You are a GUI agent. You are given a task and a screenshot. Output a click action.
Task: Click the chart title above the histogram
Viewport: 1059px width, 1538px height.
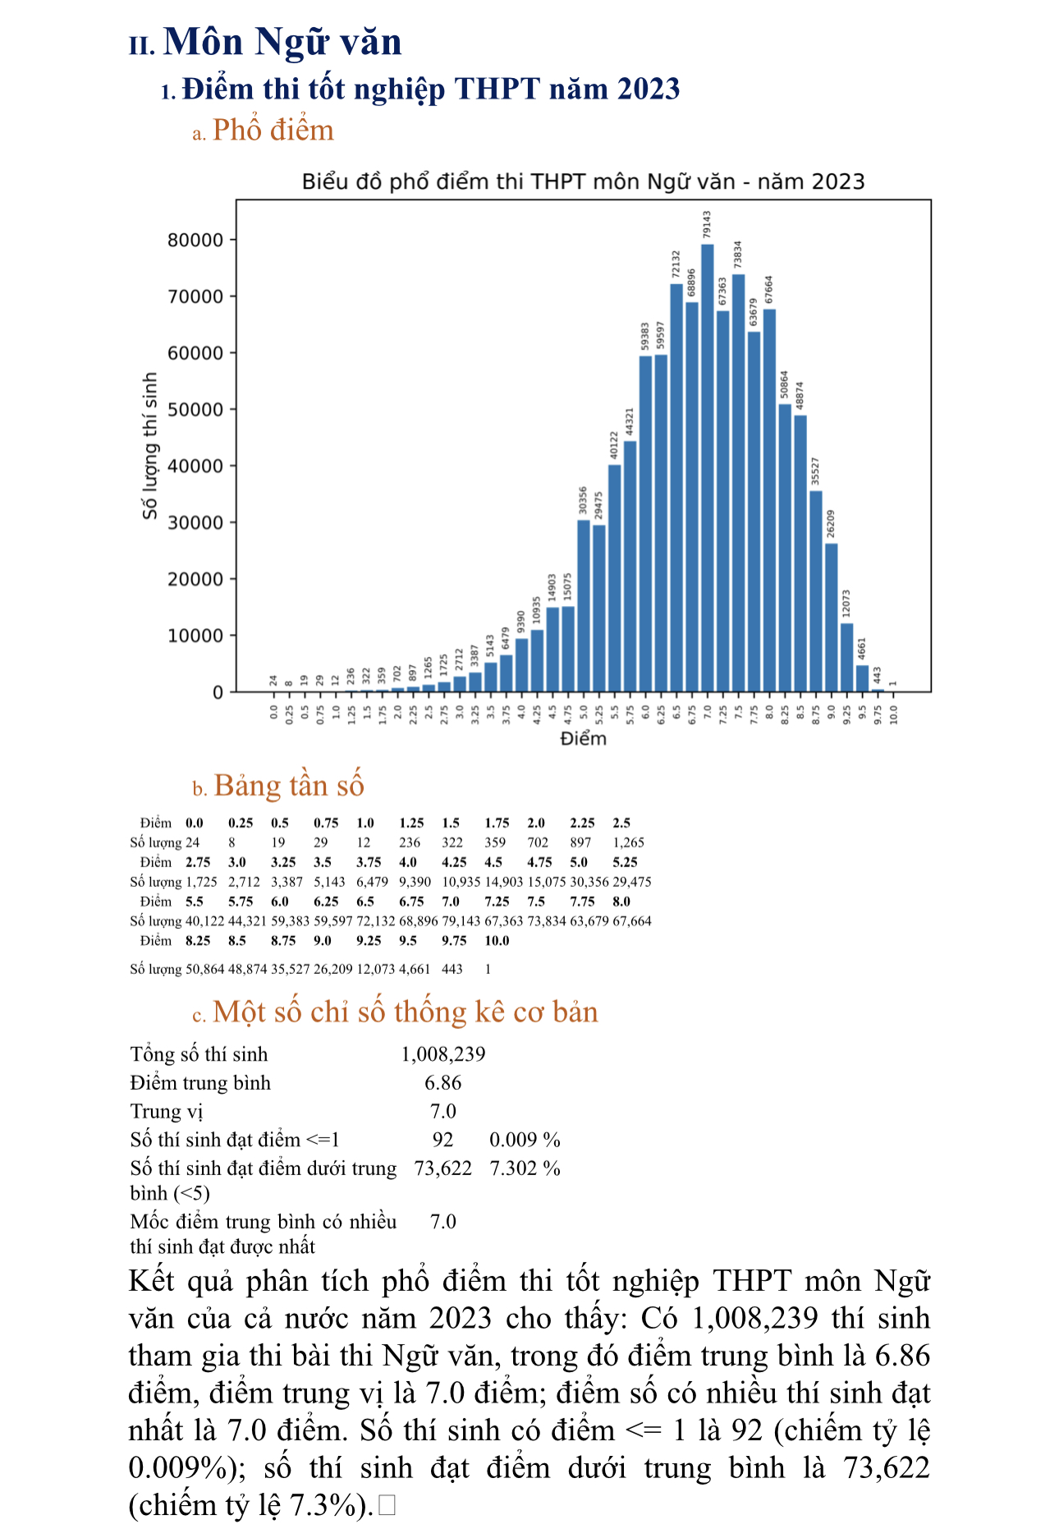583,181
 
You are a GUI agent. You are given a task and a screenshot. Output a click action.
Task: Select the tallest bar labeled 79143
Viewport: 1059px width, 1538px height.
707,468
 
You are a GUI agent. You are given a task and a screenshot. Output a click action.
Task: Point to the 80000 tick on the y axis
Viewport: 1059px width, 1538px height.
195,241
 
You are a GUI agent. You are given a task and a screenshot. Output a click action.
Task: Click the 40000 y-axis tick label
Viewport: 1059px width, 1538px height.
195,466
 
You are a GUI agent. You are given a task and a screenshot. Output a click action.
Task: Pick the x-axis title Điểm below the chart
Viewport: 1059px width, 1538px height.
583,738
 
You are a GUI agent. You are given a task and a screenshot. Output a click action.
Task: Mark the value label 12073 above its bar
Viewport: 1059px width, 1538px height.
846,604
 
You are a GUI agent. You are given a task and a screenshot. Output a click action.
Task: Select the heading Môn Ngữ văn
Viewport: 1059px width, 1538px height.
282,42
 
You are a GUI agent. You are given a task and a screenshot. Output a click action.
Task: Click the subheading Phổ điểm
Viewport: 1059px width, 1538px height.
273,131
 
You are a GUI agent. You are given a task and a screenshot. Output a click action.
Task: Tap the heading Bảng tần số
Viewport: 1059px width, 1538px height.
288,786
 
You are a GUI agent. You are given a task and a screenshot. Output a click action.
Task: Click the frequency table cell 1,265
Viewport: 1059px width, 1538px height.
628,842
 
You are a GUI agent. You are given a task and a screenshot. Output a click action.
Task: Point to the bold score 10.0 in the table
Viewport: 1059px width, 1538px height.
497,941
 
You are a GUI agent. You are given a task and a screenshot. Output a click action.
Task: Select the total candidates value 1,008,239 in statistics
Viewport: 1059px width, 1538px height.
443,1054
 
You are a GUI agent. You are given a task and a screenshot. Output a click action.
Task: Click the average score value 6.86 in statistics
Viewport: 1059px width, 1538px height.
443,1083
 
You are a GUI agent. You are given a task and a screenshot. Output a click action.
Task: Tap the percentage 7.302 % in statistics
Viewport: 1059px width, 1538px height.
525,1168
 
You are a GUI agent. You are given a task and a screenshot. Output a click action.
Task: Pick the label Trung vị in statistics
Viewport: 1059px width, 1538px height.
166,1111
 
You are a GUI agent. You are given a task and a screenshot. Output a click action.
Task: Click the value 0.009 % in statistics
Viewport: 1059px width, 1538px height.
525,1140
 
